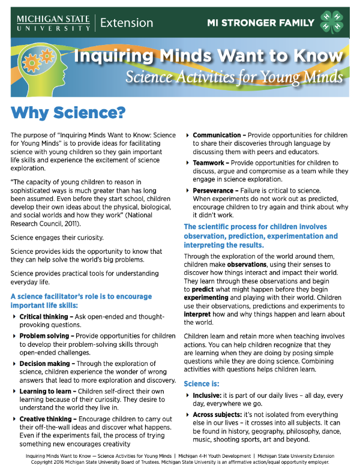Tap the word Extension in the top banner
(127, 23)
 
